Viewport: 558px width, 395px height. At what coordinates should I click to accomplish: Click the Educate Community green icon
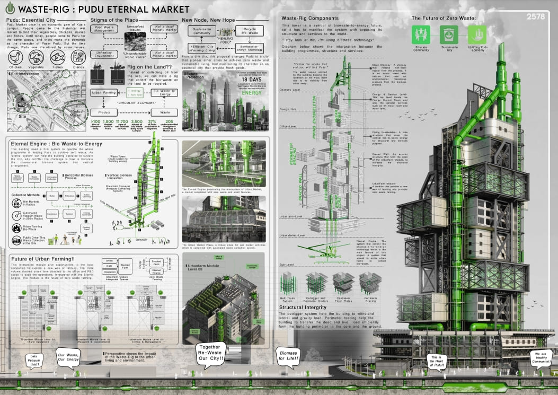pyautogui.click(x=421, y=36)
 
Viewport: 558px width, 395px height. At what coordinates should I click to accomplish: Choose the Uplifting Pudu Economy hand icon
pyautogui.click(x=476, y=36)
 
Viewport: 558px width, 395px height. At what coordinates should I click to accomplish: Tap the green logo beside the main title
pyautogui.click(x=7, y=10)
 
